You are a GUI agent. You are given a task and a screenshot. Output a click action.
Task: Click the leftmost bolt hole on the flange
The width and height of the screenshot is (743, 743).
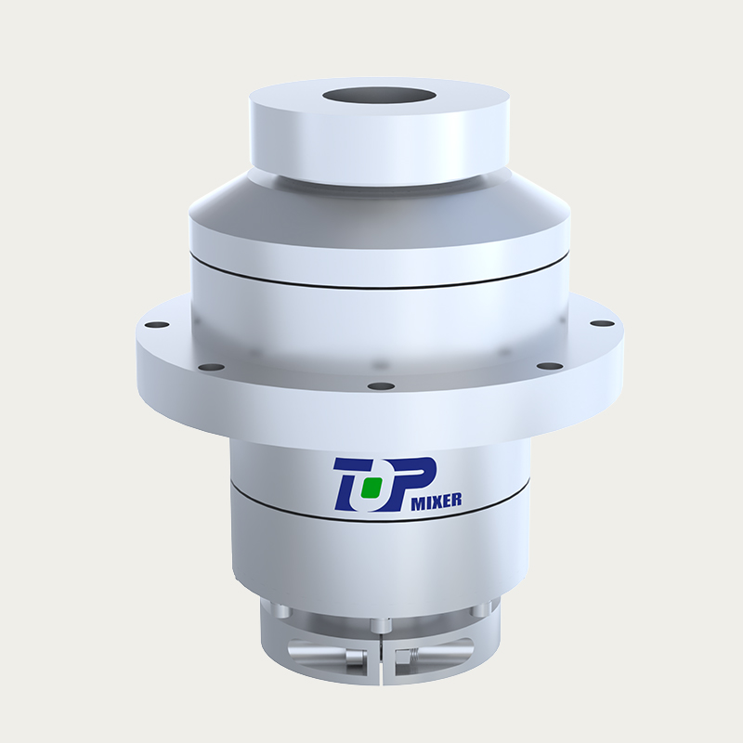159,325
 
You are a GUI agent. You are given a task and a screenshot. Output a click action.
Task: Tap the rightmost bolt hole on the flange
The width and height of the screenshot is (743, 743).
602,323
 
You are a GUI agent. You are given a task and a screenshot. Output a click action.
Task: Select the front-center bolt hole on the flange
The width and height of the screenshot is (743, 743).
381,385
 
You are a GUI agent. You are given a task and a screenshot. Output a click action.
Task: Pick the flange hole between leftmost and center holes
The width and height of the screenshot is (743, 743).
212,368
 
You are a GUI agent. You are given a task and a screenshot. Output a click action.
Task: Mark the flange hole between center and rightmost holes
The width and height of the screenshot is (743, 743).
550,367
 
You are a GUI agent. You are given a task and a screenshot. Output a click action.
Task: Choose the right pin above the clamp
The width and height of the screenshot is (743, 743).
479,610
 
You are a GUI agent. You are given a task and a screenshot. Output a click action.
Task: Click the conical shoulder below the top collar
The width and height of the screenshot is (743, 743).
279,200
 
